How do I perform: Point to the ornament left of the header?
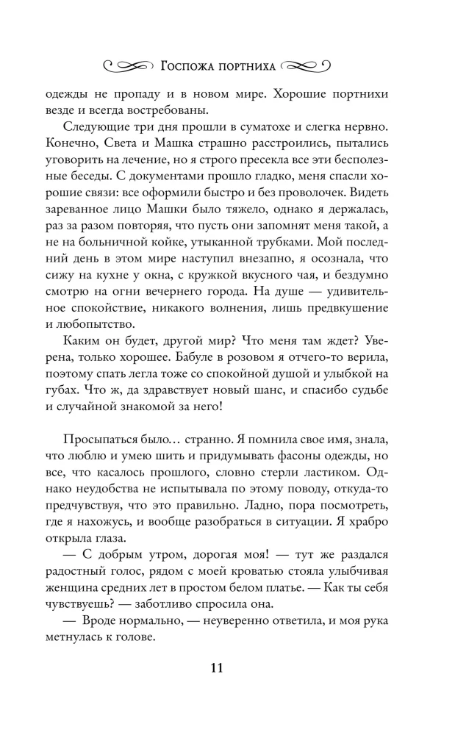[129, 66]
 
